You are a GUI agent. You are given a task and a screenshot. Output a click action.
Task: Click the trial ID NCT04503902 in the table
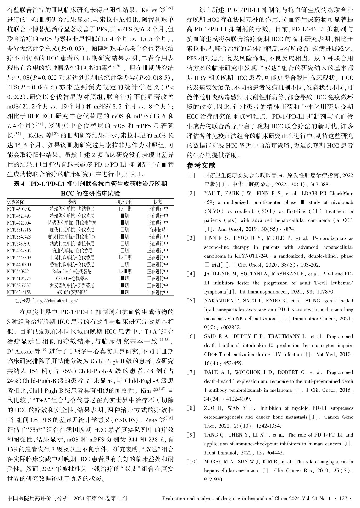[19, 209]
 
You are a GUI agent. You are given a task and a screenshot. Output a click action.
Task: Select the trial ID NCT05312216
[19, 230]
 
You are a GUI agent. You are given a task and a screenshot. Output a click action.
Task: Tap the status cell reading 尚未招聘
[158, 230]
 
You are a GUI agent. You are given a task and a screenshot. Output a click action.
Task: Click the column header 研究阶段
[125, 202]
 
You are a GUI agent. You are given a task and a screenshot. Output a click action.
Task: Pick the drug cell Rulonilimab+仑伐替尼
[72, 272]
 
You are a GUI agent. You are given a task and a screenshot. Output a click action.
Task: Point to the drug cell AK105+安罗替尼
[72, 292]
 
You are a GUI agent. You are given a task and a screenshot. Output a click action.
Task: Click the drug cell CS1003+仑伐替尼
[72, 278]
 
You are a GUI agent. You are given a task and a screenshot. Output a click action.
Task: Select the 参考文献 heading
[201, 165]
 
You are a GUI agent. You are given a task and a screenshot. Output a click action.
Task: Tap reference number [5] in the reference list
[191, 301]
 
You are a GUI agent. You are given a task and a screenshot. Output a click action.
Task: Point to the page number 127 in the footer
[343, 499]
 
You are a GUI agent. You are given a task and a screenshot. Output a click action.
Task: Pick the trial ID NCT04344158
[19, 292]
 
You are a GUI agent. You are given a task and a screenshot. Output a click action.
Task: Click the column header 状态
[158, 202]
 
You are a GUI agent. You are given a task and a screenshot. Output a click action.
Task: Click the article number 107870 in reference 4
[326, 292]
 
